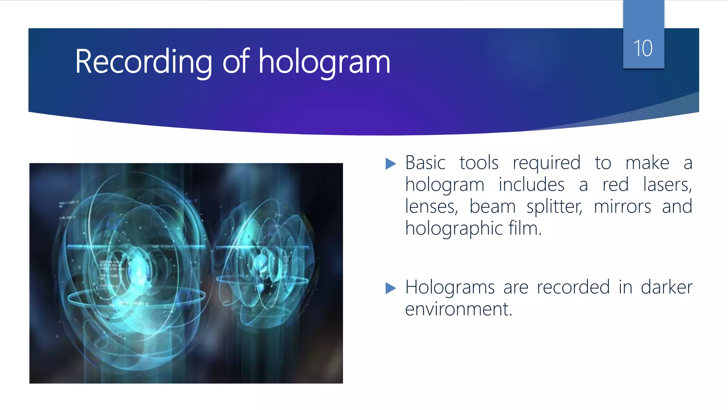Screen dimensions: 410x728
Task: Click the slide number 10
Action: [643, 48]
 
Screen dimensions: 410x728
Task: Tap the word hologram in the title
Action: [324, 62]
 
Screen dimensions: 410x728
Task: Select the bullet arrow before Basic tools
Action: [390, 164]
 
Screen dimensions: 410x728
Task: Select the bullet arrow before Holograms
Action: [390, 288]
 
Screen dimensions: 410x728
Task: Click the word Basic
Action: [425, 163]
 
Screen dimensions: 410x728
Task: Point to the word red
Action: [615, 185]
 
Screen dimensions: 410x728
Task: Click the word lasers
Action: [667, 185]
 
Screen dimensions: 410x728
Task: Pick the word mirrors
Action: [622, 207]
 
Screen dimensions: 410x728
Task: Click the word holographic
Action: [454, 229]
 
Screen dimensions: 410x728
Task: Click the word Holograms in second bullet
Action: [450, 288]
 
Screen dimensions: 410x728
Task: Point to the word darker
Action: [667, 287]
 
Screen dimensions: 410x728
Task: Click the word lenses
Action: [431, 207]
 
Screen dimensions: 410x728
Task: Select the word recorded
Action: [573, 287]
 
